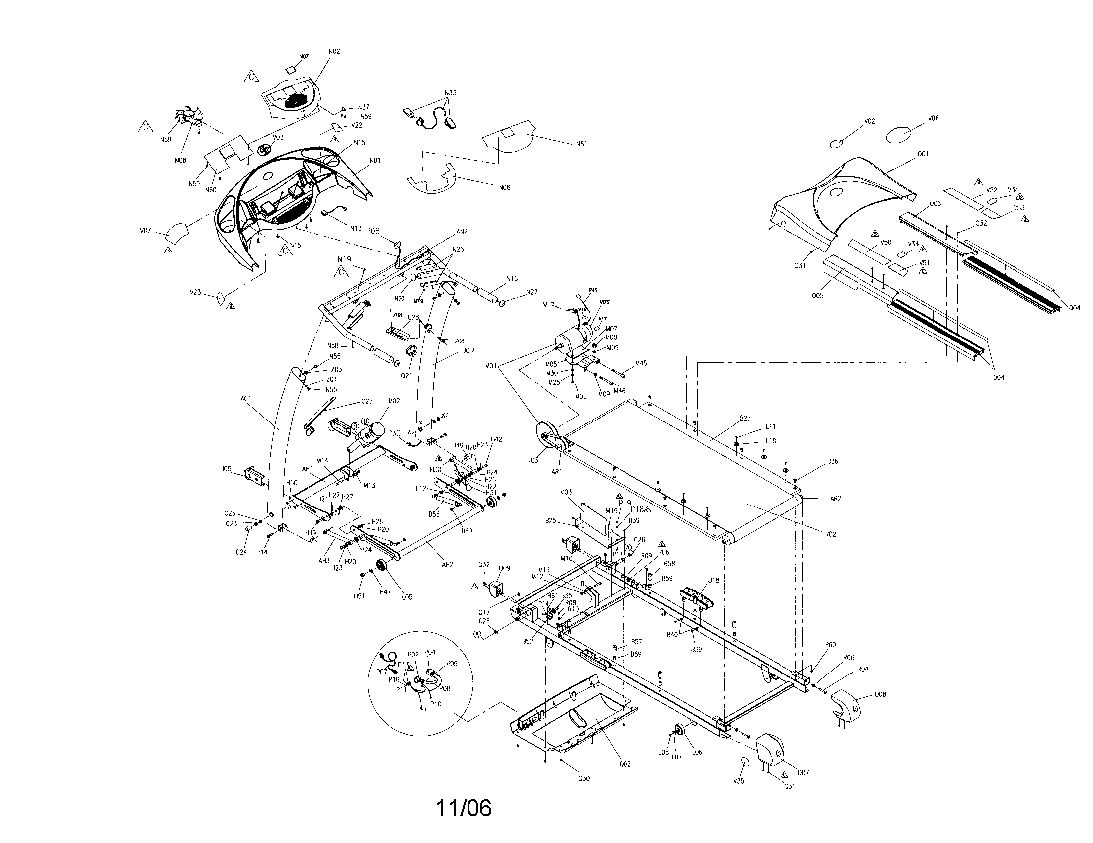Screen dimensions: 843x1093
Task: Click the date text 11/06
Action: (x=464, y=807)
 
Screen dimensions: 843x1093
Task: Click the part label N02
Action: (x=334, y=52)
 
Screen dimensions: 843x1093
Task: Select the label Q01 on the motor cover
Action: (x=923, y=154)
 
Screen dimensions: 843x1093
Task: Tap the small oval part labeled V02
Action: (x=837, y=144)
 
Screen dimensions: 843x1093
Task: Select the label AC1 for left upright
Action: (x=246, y=399)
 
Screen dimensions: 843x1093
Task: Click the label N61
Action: (x=582, y=144)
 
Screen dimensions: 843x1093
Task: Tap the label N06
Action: (x=504, y=188)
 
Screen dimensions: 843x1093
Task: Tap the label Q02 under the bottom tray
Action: (x=625, y=764)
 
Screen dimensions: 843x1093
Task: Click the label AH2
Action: (x=448, y=565)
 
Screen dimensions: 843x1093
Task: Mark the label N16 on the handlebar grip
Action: (x=511, y=278)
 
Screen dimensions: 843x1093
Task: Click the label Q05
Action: (x=817, y=295)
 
